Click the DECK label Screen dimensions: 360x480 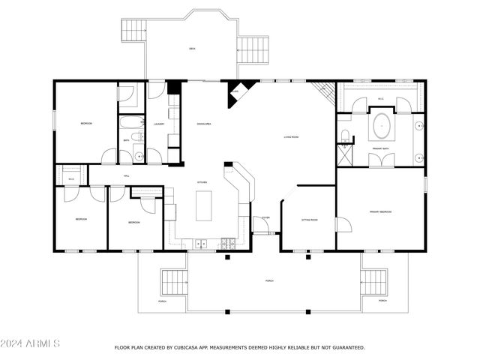click(192, 49)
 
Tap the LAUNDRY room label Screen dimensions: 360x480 click(159, 124)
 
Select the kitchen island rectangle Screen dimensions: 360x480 click(204, 205)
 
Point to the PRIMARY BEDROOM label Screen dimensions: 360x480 click(380, 212)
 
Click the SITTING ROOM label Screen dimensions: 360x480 click(310, 220)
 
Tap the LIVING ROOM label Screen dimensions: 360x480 click(292, 137)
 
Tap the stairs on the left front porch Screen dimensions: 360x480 click(174, 283)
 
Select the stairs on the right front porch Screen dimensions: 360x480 click(373, 283)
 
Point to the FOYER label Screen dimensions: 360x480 click(265, 217)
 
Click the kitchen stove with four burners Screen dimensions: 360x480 click(228, 242)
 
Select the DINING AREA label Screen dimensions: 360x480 click(202, 124)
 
